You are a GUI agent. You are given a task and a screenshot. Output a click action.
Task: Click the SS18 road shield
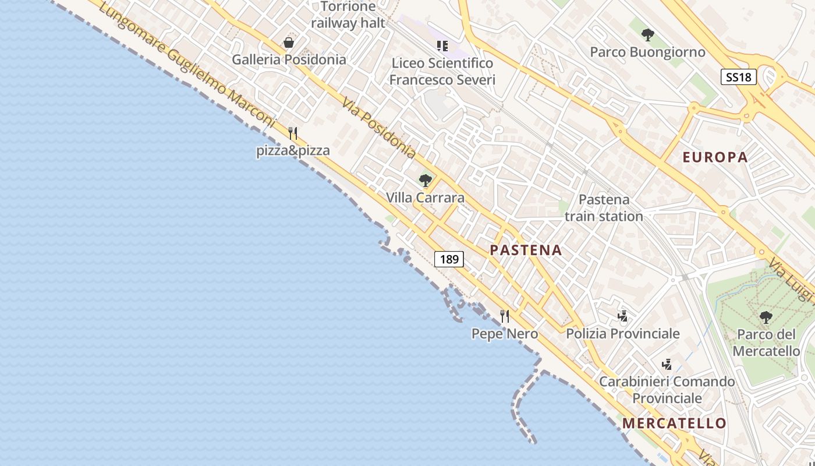[738, 77]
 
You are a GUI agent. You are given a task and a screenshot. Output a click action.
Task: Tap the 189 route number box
[449, 259]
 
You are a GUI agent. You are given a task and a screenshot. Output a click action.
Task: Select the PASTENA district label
[526, 250]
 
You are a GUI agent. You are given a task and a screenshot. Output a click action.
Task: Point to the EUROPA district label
[715, 157]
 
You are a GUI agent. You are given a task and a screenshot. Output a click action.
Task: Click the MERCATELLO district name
[674, 423]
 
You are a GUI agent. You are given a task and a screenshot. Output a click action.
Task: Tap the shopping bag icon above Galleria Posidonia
[288, 43]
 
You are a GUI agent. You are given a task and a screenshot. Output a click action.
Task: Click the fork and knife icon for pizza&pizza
[293, 133]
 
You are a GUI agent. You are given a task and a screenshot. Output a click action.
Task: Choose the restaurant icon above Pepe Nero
[505, 316]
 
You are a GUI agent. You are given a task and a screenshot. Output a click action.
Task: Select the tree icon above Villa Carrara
[426, 181]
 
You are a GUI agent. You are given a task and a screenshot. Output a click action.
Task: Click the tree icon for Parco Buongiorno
[647, 35]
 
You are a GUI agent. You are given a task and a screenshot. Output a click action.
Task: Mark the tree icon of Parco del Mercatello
[766, 317]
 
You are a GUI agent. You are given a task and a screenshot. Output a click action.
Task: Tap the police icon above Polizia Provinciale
[622, 316]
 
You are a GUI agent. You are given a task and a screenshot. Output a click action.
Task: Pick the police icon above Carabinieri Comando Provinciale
[667, 365]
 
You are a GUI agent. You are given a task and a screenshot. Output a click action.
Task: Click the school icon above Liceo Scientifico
[442, 45]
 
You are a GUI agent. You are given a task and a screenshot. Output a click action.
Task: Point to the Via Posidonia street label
[378, 128]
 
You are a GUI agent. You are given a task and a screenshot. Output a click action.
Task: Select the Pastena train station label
[604, 208]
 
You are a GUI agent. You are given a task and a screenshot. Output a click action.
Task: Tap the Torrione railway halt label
[348, 15]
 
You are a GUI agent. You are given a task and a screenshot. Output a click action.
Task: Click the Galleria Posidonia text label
[289, 59]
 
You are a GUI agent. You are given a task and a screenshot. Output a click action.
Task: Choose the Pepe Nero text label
[504, 334]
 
